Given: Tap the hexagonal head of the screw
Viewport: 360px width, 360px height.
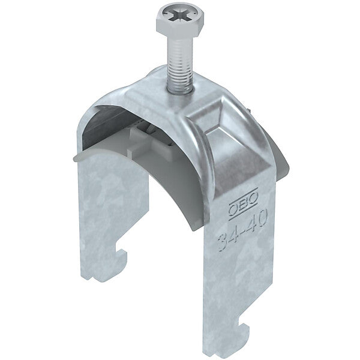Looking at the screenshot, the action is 179,22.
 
